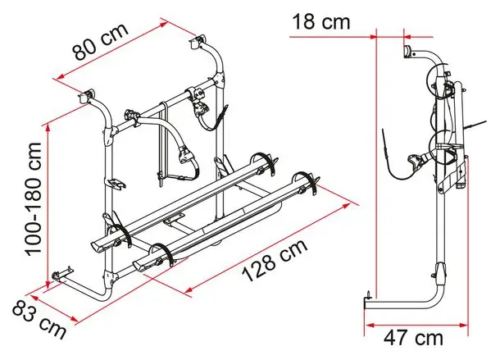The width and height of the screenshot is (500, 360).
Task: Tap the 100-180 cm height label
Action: (33, 199)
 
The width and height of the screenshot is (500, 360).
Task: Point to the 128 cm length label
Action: (275, 260)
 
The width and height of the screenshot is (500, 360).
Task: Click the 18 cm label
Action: (320, 21)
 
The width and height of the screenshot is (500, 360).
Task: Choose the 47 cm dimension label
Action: (414, 338)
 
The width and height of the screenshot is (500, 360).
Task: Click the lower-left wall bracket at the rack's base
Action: (62, 274)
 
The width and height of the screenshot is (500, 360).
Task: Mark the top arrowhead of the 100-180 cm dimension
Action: (48, 128)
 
